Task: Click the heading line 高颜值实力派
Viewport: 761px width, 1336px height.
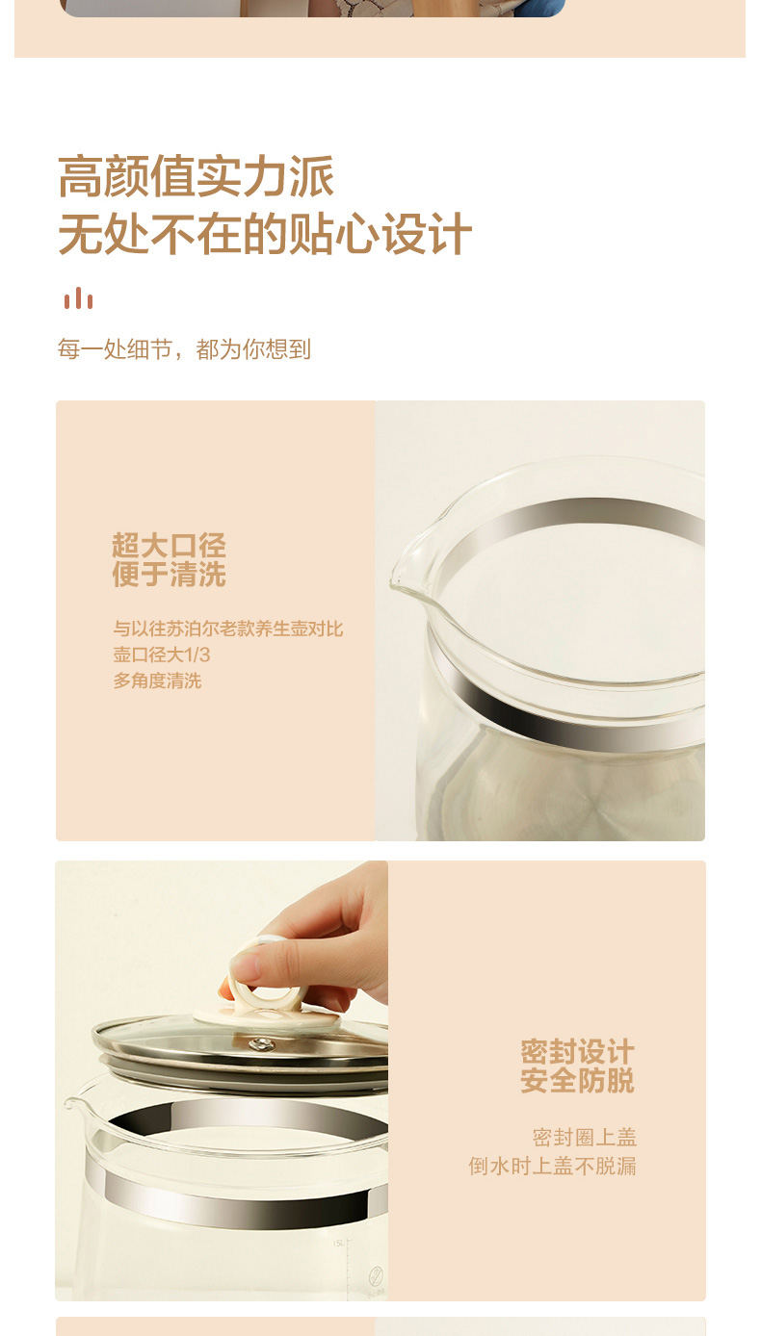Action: coord(196,176)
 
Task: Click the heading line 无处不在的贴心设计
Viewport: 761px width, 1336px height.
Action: coord(265,234)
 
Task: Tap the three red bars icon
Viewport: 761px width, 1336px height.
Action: coord(79,298)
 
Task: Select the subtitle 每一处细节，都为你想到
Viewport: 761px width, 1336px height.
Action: coord(184,348)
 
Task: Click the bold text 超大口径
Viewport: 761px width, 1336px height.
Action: coord(169,545)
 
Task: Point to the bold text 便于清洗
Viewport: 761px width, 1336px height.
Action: coord(169,574)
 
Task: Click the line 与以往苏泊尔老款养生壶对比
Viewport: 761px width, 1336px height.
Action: coord(228,629)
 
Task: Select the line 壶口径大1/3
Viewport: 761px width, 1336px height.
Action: coord(162,655)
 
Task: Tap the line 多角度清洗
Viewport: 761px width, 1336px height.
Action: coord(158,681)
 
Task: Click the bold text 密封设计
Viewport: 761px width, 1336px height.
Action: coord(577,1052)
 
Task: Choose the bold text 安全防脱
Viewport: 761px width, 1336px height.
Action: coord(577,1081)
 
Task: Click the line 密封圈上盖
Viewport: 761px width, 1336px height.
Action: coord(585,1138)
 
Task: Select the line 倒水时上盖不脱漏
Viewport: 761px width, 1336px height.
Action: coord(552,1166)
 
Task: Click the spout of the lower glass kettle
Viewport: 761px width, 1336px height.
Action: coord(76,1105)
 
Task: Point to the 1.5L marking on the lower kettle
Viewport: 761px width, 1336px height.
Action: coord(338,1243)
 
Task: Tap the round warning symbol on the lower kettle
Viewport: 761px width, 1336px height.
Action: coord(376,1276)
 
